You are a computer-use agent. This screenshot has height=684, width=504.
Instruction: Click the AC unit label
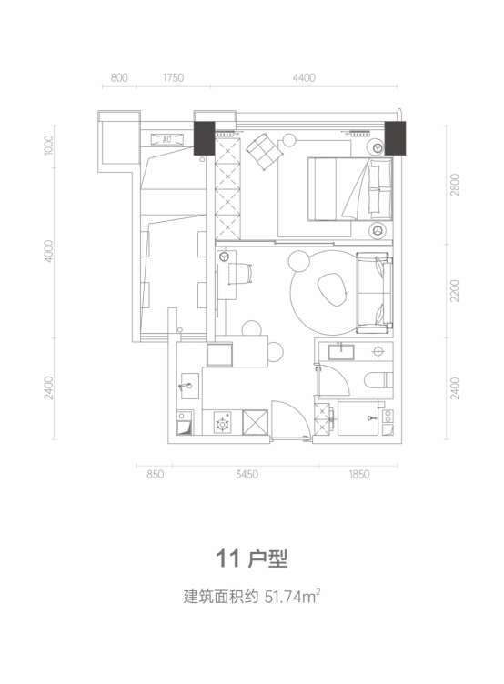[x=166, y=139]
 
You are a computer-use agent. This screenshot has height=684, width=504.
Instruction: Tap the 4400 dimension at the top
[x=304, y=77]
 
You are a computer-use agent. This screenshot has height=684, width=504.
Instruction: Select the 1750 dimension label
[x=173, y=77]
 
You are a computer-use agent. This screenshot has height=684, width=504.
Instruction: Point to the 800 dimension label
[x=119, y=77]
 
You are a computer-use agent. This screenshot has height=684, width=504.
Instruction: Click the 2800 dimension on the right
[x=455, y=185]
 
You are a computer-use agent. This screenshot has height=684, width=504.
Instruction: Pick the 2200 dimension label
[x=455, y=290]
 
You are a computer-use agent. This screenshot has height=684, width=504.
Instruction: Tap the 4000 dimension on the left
[x=48, y=251]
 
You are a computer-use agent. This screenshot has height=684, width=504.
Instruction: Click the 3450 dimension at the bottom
[x=247, y=474]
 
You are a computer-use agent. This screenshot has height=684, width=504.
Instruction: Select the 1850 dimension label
[x=358, y=474]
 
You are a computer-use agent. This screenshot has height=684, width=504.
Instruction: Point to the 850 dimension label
[x=155, y=474]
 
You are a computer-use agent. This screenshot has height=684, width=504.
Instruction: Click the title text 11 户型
[x=252, y=558]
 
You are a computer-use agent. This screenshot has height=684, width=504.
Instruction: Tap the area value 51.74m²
[x=293, y=597]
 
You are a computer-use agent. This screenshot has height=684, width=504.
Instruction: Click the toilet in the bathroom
[x=378, y=380]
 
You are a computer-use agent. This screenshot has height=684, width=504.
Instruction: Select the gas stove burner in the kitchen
[x=223, y=423]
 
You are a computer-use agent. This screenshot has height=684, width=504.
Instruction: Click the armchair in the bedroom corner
[x=264, y=151]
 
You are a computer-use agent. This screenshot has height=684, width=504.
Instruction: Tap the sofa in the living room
[x=375, y=293]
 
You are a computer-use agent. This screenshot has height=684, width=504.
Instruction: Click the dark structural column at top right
[x=395, y=138]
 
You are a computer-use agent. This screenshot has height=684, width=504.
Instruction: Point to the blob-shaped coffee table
[x=332, y=289]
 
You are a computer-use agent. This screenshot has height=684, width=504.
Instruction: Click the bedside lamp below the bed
[x=378, y=230]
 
